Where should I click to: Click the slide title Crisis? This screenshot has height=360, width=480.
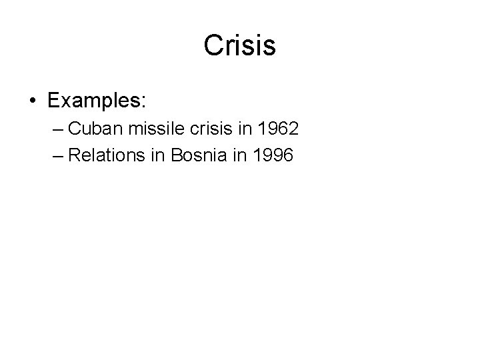click(x=240, y=46)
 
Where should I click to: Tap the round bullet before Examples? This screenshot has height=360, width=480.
click(x=32, y=102)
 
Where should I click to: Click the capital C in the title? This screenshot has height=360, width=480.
click(x=214, y=46)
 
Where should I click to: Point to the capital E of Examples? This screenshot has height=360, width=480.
click(x=53, y=101)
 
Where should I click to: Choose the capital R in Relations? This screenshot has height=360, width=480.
click(x=75, y=155)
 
